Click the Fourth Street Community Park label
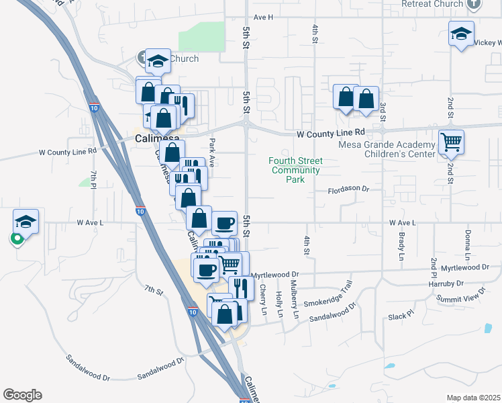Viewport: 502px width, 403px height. [296, 170]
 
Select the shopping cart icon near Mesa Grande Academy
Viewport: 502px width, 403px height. [452, 142]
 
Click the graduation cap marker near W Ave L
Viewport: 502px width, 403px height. [26, 222]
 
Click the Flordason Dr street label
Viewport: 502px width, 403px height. [349, 190]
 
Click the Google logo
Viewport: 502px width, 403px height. [22, 395]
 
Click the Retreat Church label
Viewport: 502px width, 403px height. [432, 4]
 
